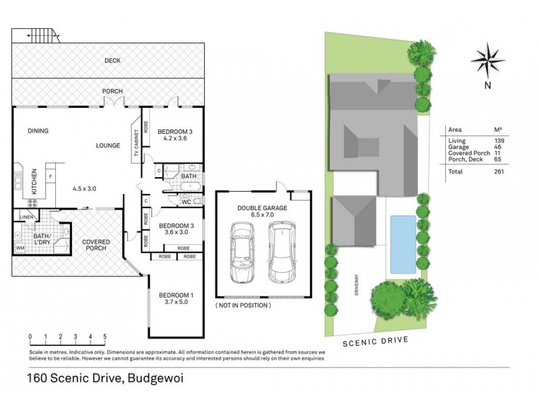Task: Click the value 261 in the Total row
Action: (x=499, y=171)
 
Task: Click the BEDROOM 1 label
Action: (x=175, y=295)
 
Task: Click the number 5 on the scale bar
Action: (x=105, y=335)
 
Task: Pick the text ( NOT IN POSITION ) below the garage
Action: (x=243, y=306)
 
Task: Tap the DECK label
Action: (x=112, y=61)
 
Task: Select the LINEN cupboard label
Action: (x=26, y=217)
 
